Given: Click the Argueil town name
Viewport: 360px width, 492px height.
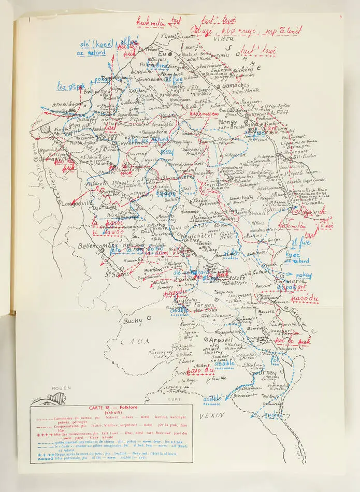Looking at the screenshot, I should pyautogui.click(x=221, y=339).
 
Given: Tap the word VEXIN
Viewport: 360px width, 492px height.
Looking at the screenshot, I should pyautogui.click(x=212, y=415).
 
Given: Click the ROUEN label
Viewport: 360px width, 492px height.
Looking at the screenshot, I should pyautogui.click(x=61, y=387).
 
